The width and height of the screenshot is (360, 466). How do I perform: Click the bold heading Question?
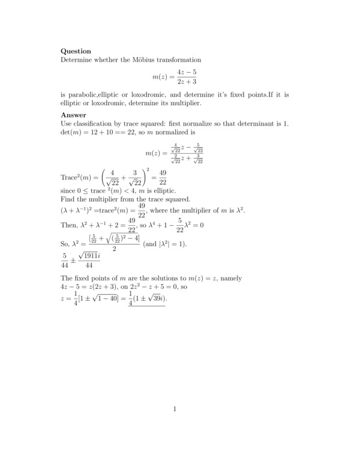[x=76, y=51]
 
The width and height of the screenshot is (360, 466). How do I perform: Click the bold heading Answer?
[x=74, y=115]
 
